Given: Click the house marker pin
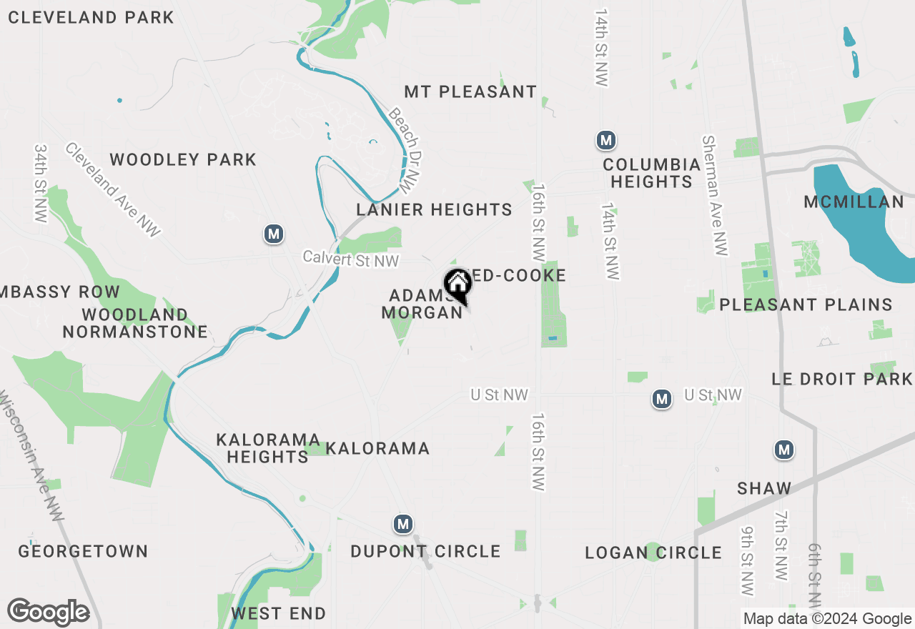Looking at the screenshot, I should click(x=457, y=286).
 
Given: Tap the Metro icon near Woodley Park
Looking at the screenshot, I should click(x=272, y=234).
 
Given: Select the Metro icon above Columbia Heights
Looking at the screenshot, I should click(x=606, y=140).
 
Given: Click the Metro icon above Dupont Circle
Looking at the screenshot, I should click(x=403, y=524).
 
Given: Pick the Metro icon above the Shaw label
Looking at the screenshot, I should click(x=784, y=450).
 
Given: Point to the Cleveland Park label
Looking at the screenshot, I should click(x=91, y=17).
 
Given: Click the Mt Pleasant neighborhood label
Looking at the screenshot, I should click(x=470, y=91).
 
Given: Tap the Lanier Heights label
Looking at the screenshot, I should click(x=435, y=209).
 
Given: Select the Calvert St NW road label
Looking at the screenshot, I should click(x=350, y=259).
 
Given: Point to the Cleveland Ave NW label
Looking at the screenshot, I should click(x=113, y=189).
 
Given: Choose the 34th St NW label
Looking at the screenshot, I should click(x=40, y=183).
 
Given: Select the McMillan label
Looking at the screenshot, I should click(x=854, y=202).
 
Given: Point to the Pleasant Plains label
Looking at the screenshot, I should click(x=806, y=304).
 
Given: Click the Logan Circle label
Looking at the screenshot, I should click(x=653, y=553).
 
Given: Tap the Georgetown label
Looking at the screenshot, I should click(x=83, y=551).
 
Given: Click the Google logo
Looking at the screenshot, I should click(x=49, y=613).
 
